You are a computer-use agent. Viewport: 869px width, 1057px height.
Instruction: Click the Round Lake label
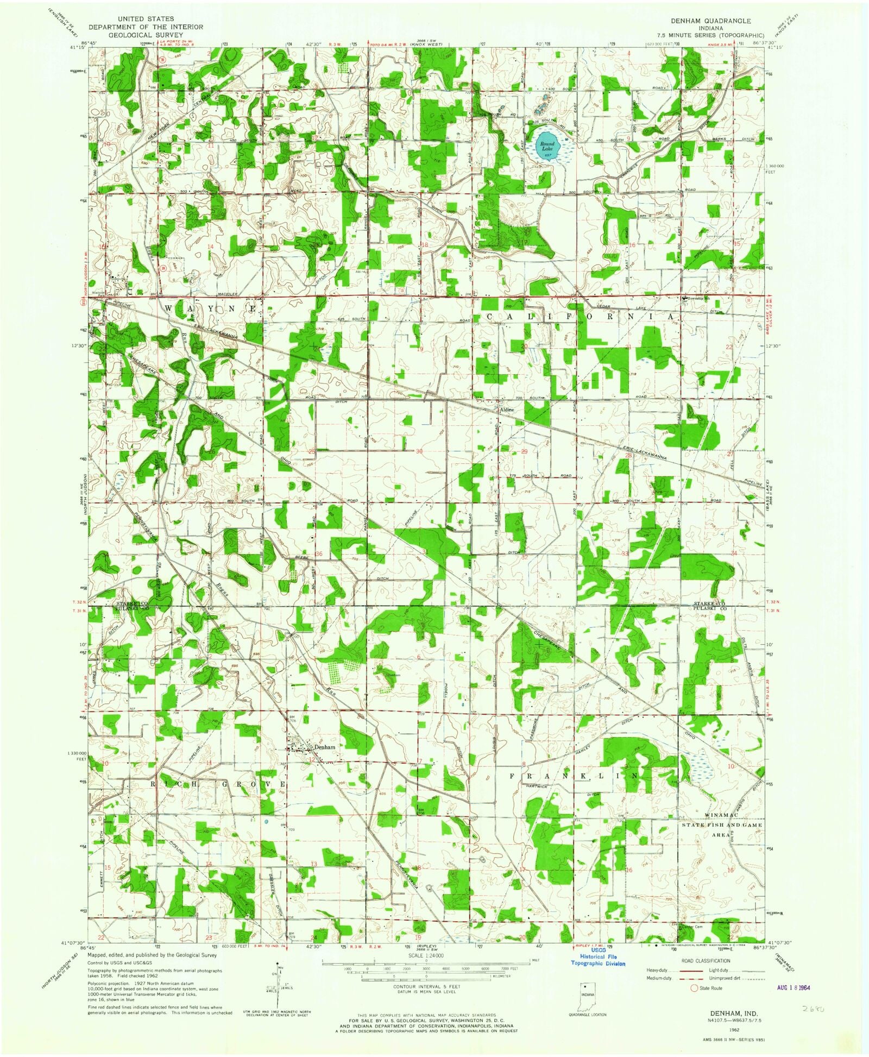coord(546,147)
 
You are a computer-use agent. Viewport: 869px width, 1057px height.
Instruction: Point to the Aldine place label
coord(506,411)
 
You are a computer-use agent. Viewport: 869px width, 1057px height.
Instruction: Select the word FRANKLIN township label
coord(574,776)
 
